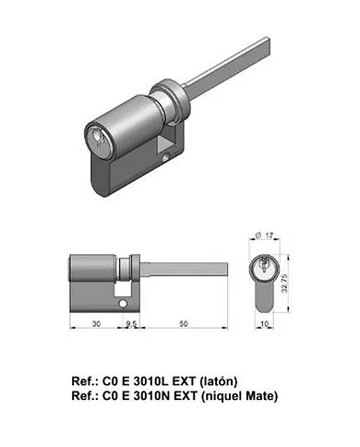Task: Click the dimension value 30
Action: click(97, 325)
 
